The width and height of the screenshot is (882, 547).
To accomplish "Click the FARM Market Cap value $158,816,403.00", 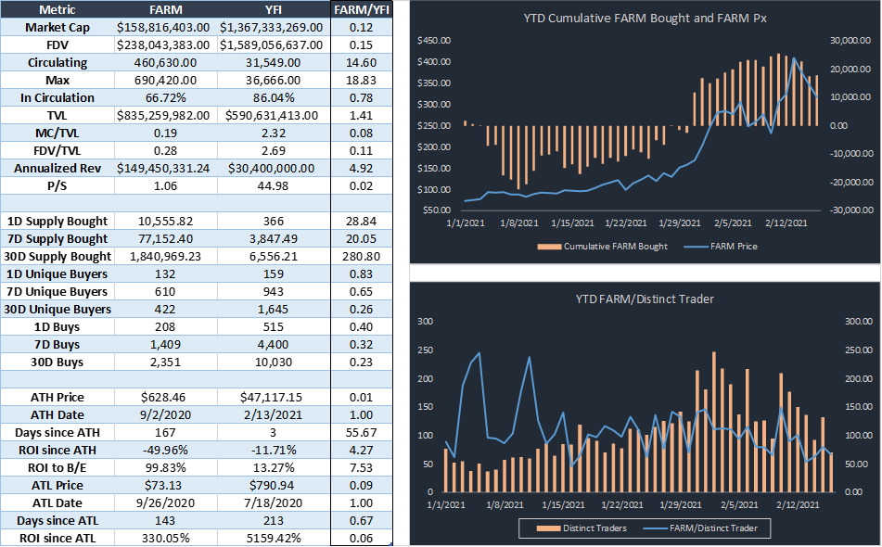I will click(x=167, y=28).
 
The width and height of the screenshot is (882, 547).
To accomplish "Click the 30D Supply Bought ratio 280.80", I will click(x=360, y=256).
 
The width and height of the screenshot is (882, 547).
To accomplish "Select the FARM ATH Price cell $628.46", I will click(x=167, y=397).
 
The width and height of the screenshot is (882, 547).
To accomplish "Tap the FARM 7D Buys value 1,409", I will click(x=167, y=344).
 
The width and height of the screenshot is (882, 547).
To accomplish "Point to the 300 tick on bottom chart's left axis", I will click(x=428, y=322).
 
